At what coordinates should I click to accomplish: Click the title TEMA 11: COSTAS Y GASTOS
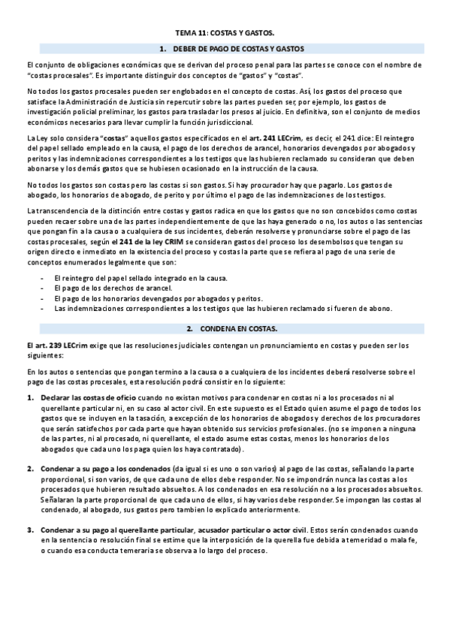[225, 34]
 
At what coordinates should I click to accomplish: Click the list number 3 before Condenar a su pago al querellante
[30, 531]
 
